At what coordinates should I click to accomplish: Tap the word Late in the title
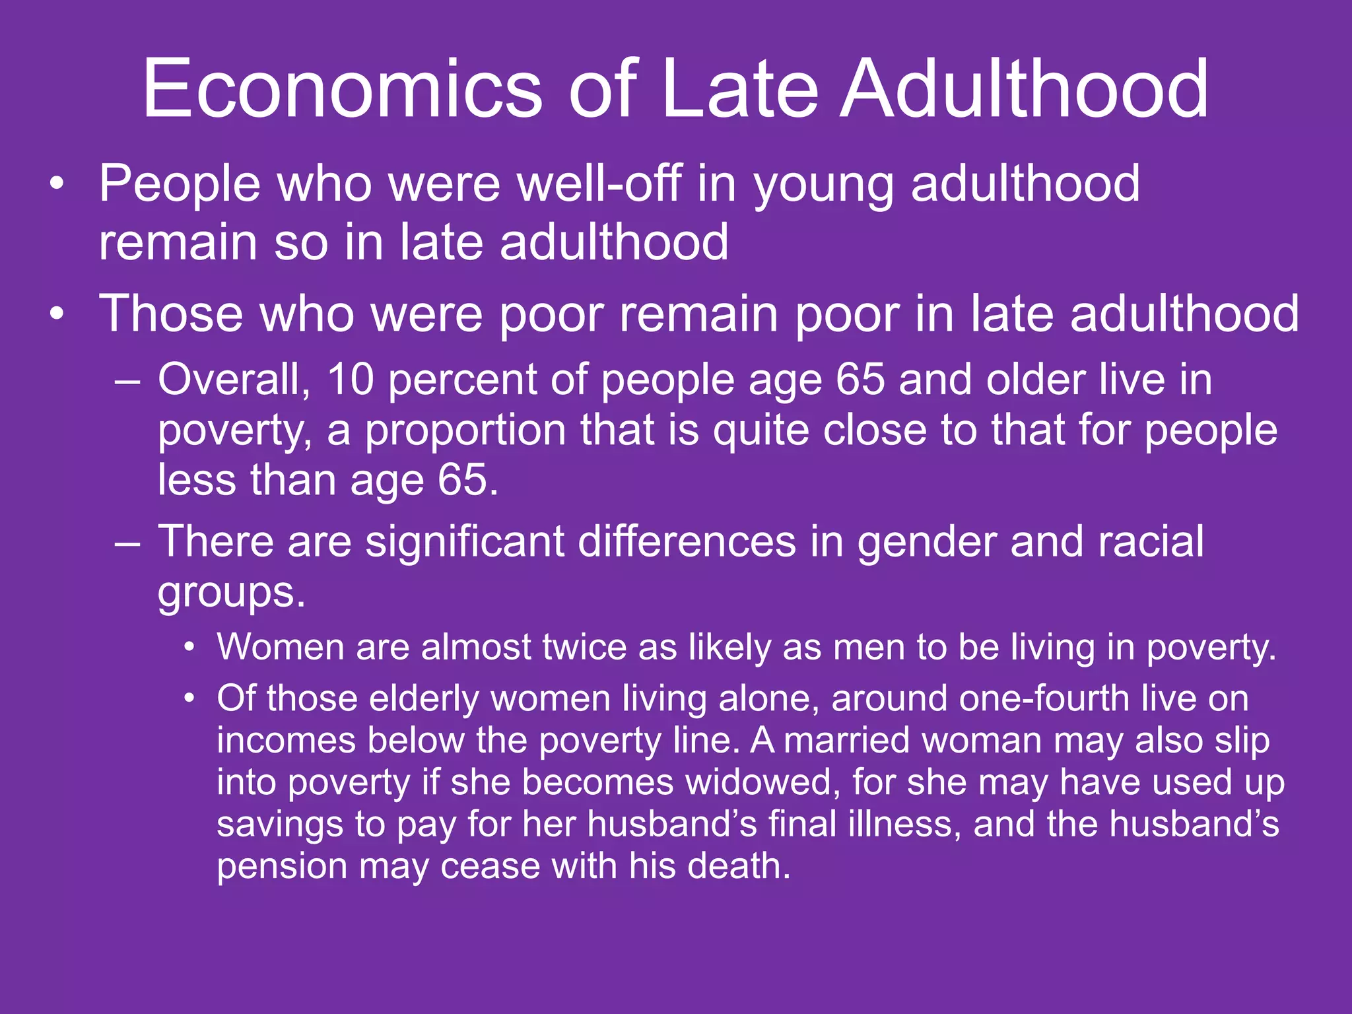pos(739,89)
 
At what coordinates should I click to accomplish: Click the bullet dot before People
pos(57,184)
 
